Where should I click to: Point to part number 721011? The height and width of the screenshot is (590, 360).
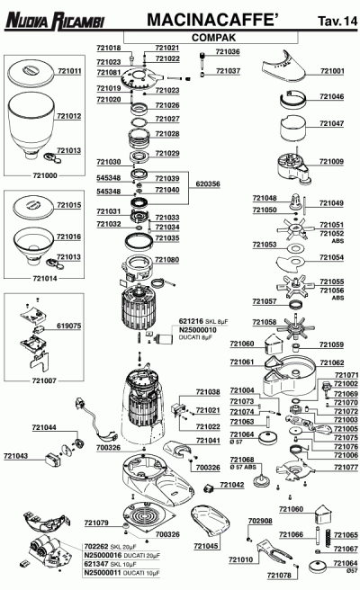(69, 69)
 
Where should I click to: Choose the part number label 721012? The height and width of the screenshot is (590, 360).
(69, 117)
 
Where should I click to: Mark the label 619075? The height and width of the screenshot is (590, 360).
(69, 326)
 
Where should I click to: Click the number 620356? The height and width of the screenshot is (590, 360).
(208, 183)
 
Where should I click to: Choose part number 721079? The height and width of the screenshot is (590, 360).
(96, 523)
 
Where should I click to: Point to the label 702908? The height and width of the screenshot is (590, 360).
(259, 521)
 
